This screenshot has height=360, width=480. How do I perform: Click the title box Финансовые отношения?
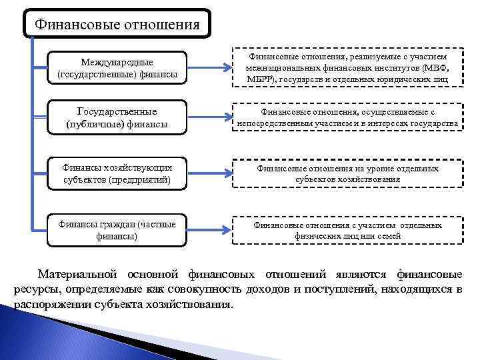[x=117, y=25]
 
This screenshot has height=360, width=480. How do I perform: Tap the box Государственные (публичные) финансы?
[x=117, y=117]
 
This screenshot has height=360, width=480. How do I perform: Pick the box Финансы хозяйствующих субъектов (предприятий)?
[x=117, y=174]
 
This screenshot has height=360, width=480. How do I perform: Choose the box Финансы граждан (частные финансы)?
[x=117, y=230]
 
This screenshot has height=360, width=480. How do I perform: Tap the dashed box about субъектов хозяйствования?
[x=347, y=174]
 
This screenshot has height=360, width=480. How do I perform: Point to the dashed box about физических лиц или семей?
[x=347, y=230]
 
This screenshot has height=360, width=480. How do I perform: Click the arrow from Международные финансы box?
[x=207, y=68]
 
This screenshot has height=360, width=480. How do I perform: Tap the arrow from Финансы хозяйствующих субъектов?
[x=207, y=174]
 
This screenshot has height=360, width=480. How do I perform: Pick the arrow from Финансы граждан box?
[x=207, y=230]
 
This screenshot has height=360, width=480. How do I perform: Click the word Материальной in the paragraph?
[x=78, y=274]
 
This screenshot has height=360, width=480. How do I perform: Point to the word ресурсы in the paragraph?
[x=35, y=289]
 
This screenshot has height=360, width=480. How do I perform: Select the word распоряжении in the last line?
[x=54, y=305]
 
